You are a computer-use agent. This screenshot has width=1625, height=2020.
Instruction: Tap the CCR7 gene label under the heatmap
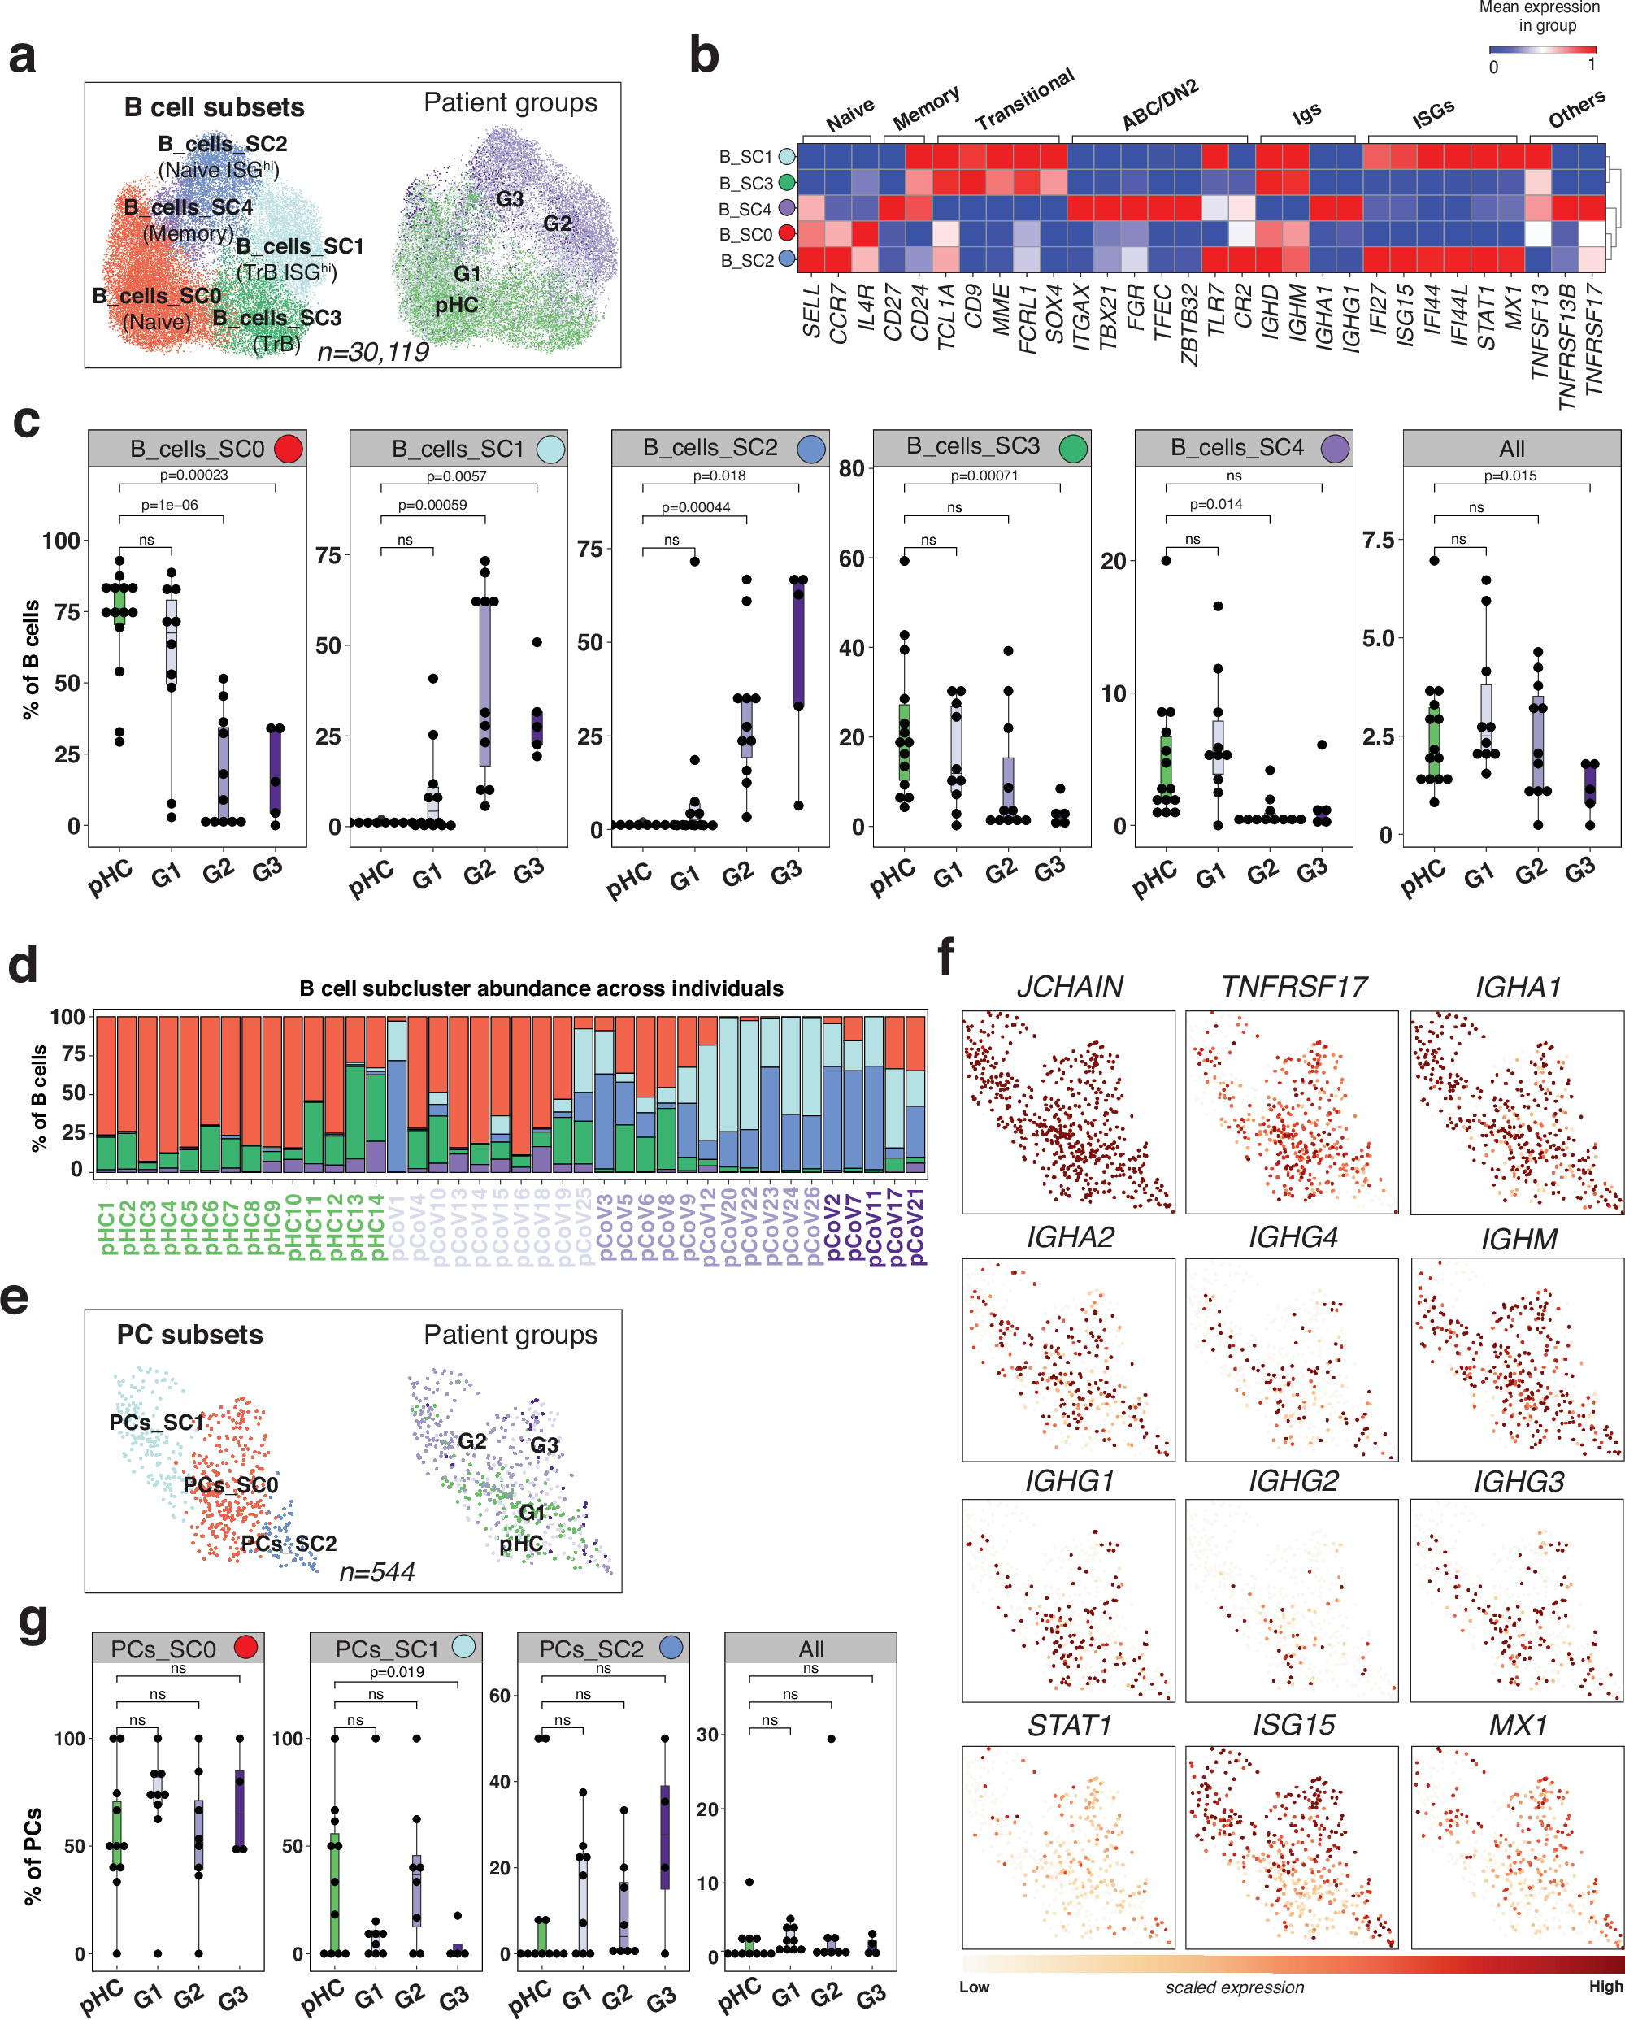pos(839,315)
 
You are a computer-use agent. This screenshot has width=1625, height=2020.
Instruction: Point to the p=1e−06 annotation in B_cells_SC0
pos(170,505)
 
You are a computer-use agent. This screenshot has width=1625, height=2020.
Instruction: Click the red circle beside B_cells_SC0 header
pos(289,449)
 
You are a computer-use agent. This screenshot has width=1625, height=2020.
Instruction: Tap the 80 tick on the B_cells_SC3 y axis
pos(851,468)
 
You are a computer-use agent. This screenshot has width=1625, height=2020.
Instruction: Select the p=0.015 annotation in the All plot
pos(1510,476)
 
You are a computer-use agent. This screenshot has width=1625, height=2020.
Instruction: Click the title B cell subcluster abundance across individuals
pos(541,988)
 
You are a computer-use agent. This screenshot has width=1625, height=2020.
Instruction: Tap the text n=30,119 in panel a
pos(373,351)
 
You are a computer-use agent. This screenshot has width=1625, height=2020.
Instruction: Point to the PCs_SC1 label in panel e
pos(155,1423)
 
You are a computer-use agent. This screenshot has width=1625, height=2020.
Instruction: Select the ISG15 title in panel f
pos(1293,1724)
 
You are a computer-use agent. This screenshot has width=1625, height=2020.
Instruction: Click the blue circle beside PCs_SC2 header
pos(671,1647)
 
